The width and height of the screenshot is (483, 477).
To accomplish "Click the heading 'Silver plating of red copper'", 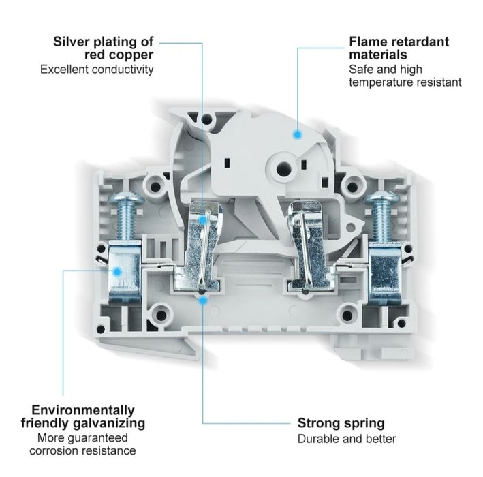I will tap(104, 48).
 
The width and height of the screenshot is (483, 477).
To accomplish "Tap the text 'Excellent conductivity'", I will tap(97, 69).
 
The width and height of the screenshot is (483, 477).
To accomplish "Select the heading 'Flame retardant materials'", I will tap(399, 48).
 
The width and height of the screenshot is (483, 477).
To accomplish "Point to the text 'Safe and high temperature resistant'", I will tap(405, 76).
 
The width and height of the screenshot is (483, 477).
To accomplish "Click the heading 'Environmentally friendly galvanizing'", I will tap(83, 416).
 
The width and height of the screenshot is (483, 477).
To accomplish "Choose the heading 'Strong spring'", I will tap(341, 423).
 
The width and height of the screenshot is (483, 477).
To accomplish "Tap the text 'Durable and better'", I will tap(346, 439).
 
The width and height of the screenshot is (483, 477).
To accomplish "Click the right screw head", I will tap(380, 200).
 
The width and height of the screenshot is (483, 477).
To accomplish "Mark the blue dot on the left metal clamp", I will tap(116, 271).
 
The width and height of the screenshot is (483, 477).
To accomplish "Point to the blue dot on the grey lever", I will tap(297, 135).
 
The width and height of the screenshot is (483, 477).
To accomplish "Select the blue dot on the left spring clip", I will tap(204, 220).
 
